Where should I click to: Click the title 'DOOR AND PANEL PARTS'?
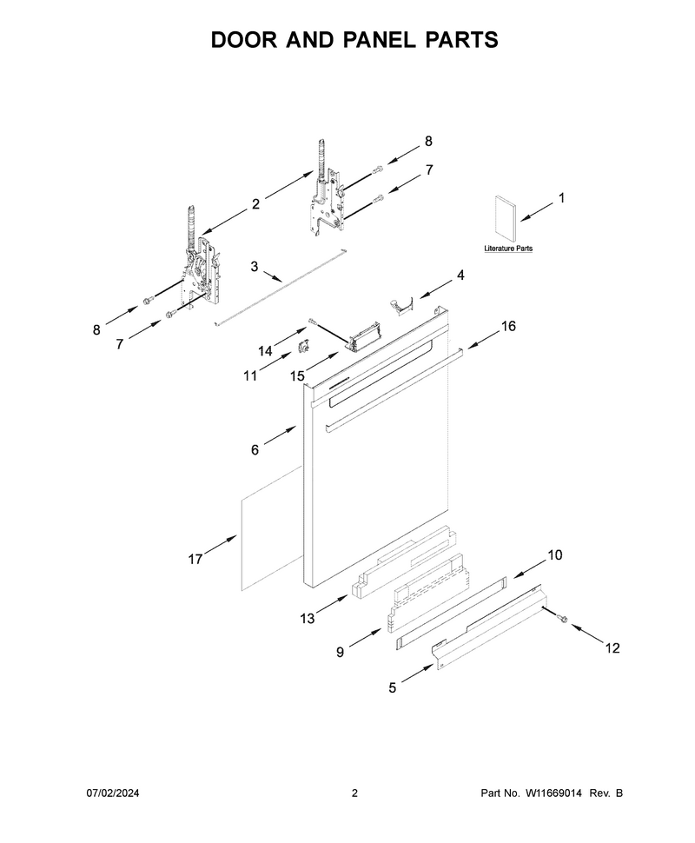click(354, 40)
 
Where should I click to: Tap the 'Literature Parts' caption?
click(508, 249)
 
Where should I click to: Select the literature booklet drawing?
click(504, 218)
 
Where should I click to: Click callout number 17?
click(195, 559)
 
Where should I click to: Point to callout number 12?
click(612, 647)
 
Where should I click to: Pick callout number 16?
click(508, 326)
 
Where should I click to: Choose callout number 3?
click(255, 266)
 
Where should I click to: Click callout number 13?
click(307, 619)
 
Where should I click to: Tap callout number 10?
click(555, 554)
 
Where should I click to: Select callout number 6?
click(255, 449)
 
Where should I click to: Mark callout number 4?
click(460, 275)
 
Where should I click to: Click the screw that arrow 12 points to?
click(562, 618)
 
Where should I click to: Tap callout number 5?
click(393, 687)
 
